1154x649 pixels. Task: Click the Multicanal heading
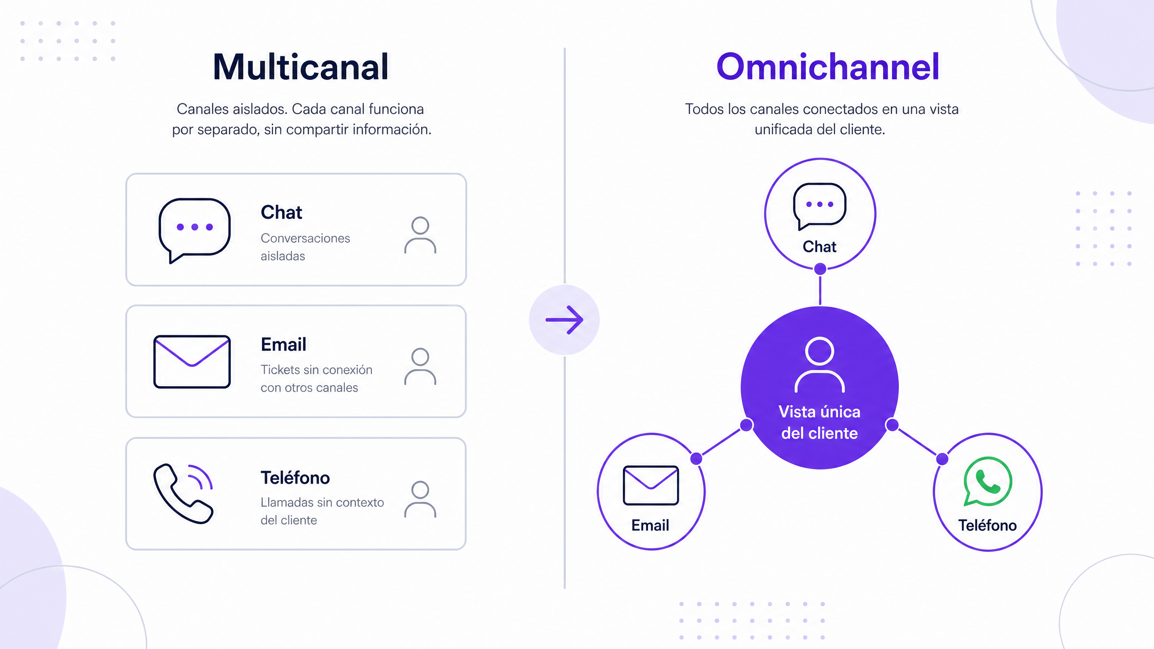301,67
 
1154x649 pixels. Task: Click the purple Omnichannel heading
828,67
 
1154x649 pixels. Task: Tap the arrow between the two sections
564,320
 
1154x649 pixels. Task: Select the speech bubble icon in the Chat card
194,230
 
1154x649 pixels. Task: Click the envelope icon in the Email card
192,361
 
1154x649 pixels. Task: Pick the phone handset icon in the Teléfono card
183,494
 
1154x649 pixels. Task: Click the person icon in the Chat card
420,235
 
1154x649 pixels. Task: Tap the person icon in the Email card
420,366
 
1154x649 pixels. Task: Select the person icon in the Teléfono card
420,499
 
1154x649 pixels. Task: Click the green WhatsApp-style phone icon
988,481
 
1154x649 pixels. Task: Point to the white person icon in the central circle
820,365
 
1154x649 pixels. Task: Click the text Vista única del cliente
820,422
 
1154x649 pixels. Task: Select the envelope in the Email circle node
650,485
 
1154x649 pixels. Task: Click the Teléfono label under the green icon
987,526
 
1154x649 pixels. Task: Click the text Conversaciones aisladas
305,247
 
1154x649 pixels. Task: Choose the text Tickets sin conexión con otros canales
316,379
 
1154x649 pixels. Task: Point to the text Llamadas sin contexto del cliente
322,511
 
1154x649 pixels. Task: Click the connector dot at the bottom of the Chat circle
820,269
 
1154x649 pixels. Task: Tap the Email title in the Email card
284,345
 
